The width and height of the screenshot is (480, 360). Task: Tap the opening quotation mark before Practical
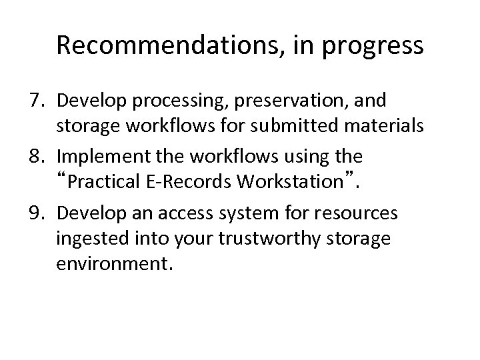(x=63, y=177)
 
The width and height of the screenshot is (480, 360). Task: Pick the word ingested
(x=83, y=239)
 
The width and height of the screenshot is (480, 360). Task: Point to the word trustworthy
(x=247, y=239)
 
